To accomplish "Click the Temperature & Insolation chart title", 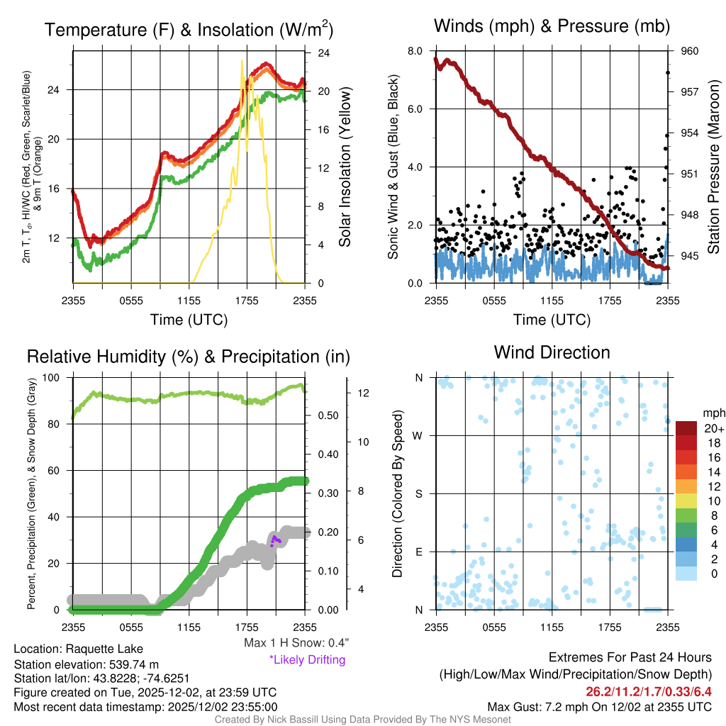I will click(x=189, y=30).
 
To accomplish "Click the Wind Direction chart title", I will click(x=552, y=352).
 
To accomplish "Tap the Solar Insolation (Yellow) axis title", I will click(x=345, y=167).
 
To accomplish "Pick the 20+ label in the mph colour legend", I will click(x=713, y=429).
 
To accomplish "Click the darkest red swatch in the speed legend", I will click(x=687, y=429).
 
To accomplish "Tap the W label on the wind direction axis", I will click(x=419, y=436).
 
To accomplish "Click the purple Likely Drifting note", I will click(x=307, y=659).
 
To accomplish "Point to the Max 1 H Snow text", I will click(x=296, y=643).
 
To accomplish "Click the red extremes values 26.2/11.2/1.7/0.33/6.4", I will click(x=649, y=691).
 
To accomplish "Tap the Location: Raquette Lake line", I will click(x=78, y=649).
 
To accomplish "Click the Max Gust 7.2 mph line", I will click(x=599, y=707).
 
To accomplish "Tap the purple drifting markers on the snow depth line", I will click(x=276, y=541).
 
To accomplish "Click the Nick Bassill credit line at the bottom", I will click(x=363, y=720).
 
